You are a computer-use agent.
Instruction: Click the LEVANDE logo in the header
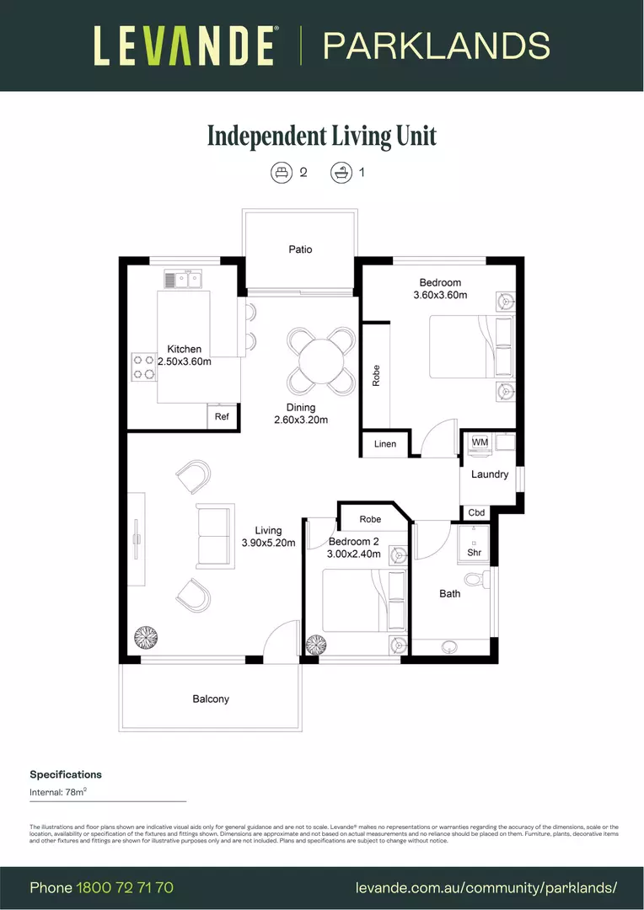point(184,45)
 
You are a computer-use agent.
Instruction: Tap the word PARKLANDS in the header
point(437,45)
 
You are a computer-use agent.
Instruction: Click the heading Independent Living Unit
point(322,136)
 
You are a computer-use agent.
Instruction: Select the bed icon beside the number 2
point(280,172)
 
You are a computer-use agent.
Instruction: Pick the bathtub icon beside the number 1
point(340,172)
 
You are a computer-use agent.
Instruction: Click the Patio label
point(300,249)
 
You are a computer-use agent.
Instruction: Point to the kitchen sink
point(184,279)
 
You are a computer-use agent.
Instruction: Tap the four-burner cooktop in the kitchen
point(144,367)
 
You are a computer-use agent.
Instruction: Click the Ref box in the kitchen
point(223,417)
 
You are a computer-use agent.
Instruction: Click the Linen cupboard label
point(385,444)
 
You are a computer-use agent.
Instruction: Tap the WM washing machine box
point(480,442)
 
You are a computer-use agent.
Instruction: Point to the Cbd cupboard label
point(476,512)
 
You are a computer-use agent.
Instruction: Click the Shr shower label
point(474,553)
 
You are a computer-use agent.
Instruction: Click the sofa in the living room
point(213,535)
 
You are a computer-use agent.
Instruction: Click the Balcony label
point(211,699)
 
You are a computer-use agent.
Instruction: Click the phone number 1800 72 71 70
point(125,887)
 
